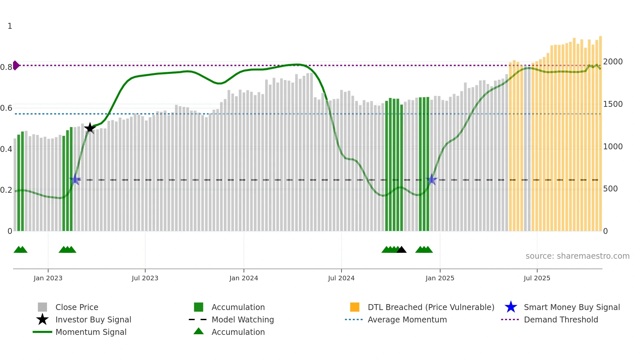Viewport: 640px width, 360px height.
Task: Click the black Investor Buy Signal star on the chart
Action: (x=90, y=128)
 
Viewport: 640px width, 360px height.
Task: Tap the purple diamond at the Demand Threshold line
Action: (x=16, y=65)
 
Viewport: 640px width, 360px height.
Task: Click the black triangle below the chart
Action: (x=401, y=250)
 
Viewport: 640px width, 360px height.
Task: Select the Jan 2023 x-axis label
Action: (x=48, y=278)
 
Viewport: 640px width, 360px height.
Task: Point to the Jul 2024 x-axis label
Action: (x=341, y=278)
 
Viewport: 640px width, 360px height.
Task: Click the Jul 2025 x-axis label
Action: (x=537, y=278)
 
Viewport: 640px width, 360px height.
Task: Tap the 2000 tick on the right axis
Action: (x=613, y=62)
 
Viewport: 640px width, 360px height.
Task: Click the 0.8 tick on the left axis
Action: (x=6, y=67)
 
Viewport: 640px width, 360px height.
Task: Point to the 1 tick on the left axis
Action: (x=10, y=26)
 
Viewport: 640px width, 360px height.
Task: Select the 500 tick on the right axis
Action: (x=610, y=189)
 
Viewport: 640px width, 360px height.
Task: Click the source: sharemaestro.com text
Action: (x=577, y=256)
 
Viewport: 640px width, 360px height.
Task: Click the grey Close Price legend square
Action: (x=42, y=307)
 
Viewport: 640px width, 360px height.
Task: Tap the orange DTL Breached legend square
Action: (x=355, y=307)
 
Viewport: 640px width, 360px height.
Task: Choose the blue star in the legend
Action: (x=511, y=307)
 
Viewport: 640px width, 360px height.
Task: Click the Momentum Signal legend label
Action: (x=91, y=332)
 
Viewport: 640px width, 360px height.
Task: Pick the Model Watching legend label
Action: (x=243, y=319)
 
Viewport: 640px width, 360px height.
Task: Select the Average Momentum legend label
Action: (x=407, y=319)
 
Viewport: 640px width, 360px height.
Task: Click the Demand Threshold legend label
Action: (x=561, y=319)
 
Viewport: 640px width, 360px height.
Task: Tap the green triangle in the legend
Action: (x=199, y=331)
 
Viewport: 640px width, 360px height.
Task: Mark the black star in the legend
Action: (x=42, y=319)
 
